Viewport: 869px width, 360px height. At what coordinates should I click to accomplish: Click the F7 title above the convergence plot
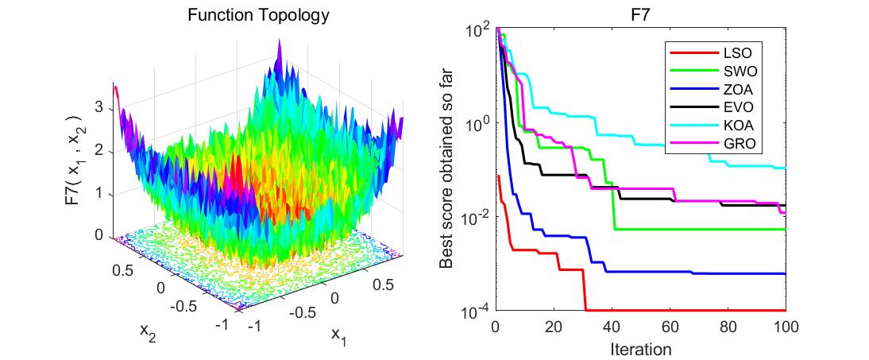click(640, 15)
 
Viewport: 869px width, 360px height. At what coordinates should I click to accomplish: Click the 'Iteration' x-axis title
click(640, 349)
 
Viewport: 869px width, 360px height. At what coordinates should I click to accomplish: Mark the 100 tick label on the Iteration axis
click(785, 327)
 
